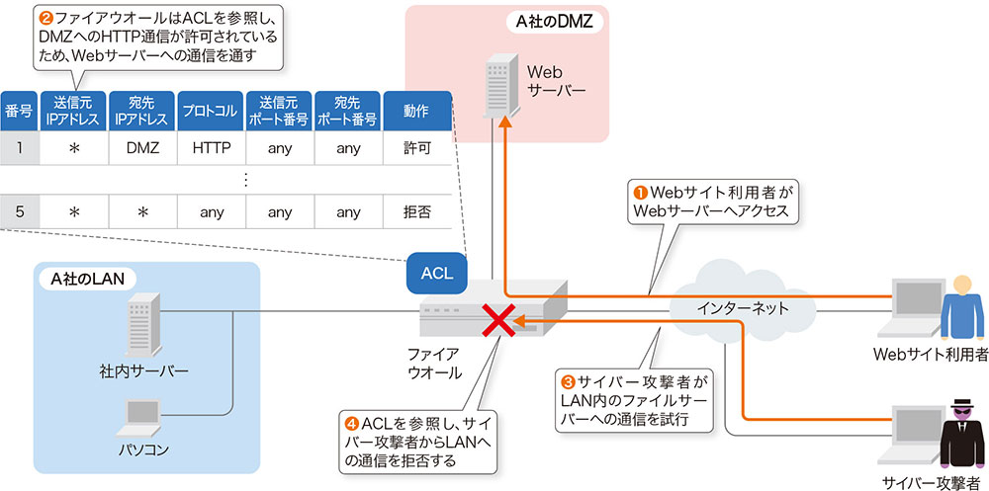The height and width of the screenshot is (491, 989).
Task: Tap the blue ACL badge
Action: tap(436, 273)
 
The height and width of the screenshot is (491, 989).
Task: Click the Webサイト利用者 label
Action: tap(931, 355)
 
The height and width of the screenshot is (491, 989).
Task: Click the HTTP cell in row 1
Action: tap(212, 149)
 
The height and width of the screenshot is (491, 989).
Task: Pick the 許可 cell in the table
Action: tap(417, 149)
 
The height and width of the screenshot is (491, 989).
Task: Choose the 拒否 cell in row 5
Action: tap(417, 211)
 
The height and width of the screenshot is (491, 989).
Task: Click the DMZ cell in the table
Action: tap(142, 149)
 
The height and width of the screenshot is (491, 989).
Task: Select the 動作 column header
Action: tap(417, 110)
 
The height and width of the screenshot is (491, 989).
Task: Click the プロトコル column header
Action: tap(212, 110)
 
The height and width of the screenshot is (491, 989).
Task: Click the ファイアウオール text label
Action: tap(435, 363)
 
